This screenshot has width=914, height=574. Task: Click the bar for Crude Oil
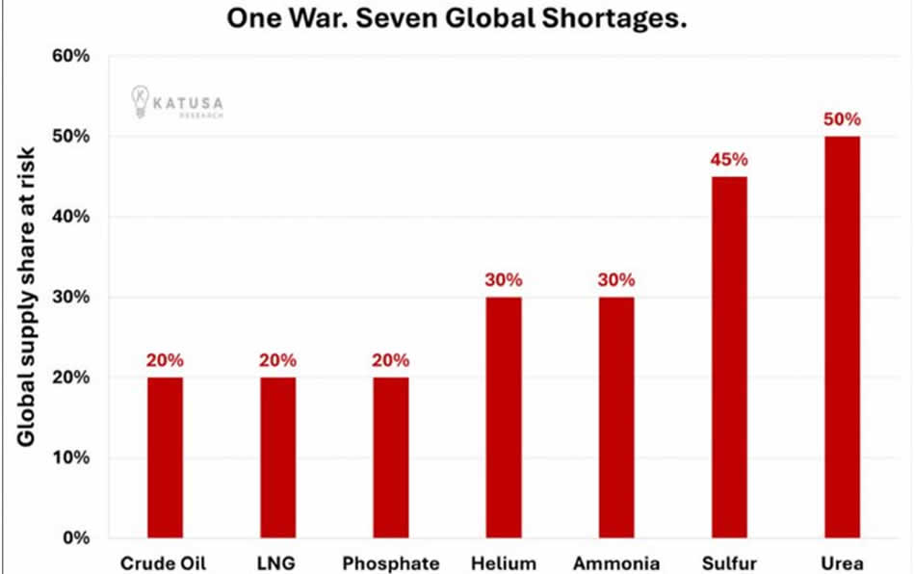pyautogui.click(x=165, y=457)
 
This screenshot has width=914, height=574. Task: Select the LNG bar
pyautogui.click(x=277, y=457)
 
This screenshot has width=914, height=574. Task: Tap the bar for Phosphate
pyautogui.click(x=391, y=457)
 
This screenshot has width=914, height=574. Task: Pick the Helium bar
pyautogui.click(x=504, y=417)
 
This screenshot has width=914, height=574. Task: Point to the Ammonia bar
pyautogui.click(x=616, y=417)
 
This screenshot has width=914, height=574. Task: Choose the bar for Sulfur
pyautogui.click(x=729, y=356)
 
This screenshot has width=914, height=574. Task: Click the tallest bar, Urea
pyautogui.click(x=843, y=337)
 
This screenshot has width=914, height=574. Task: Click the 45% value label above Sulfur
pyautogui.click(x=729, y=160)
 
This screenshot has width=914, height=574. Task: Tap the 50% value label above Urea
pyautogui.click(x=843, y=119)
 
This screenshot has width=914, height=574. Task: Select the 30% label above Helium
pyautogui.click(x=504, y=280)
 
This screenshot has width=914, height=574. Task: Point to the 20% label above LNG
pyautogui.click(x=277, y=360)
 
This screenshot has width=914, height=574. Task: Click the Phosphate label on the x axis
pyautogui.click(x=391, y=563)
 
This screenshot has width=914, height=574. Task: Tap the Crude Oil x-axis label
pyautogui.click(x=165, y=563)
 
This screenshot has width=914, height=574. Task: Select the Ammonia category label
pyautogui.click(x=616, y=563)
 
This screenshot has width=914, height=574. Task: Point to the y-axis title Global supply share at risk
pyautogui.click(x=26, y=297)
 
